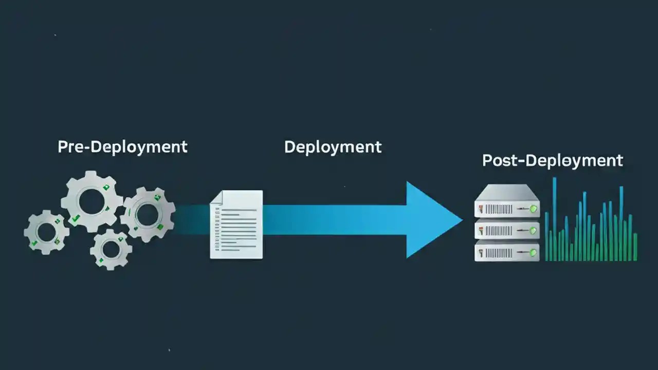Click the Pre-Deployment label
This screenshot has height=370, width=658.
[x=122, y=146]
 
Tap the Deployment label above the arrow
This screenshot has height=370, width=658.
[x=333, y=147]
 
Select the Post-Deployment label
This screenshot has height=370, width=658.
[x=552, y=160]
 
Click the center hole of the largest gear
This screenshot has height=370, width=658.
[x=91, y=201]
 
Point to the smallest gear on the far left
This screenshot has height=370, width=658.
[x=46, y=232]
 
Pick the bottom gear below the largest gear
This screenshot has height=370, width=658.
[x=111, y=249]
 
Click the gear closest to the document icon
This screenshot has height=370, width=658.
[x=147, y=214]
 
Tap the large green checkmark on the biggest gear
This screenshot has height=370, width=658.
[x=76, y=219]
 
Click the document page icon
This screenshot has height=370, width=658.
[x=236, y=225]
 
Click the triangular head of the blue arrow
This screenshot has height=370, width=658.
[x=432, y=220]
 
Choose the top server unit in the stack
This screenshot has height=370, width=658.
[x=507, y=209]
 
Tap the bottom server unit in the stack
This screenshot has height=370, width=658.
[x=507, y=252]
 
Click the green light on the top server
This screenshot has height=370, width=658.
[x=533, y=209]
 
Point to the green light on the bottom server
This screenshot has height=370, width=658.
[x=533, y=252]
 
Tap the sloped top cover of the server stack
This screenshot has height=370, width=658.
[x=507, y=192]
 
